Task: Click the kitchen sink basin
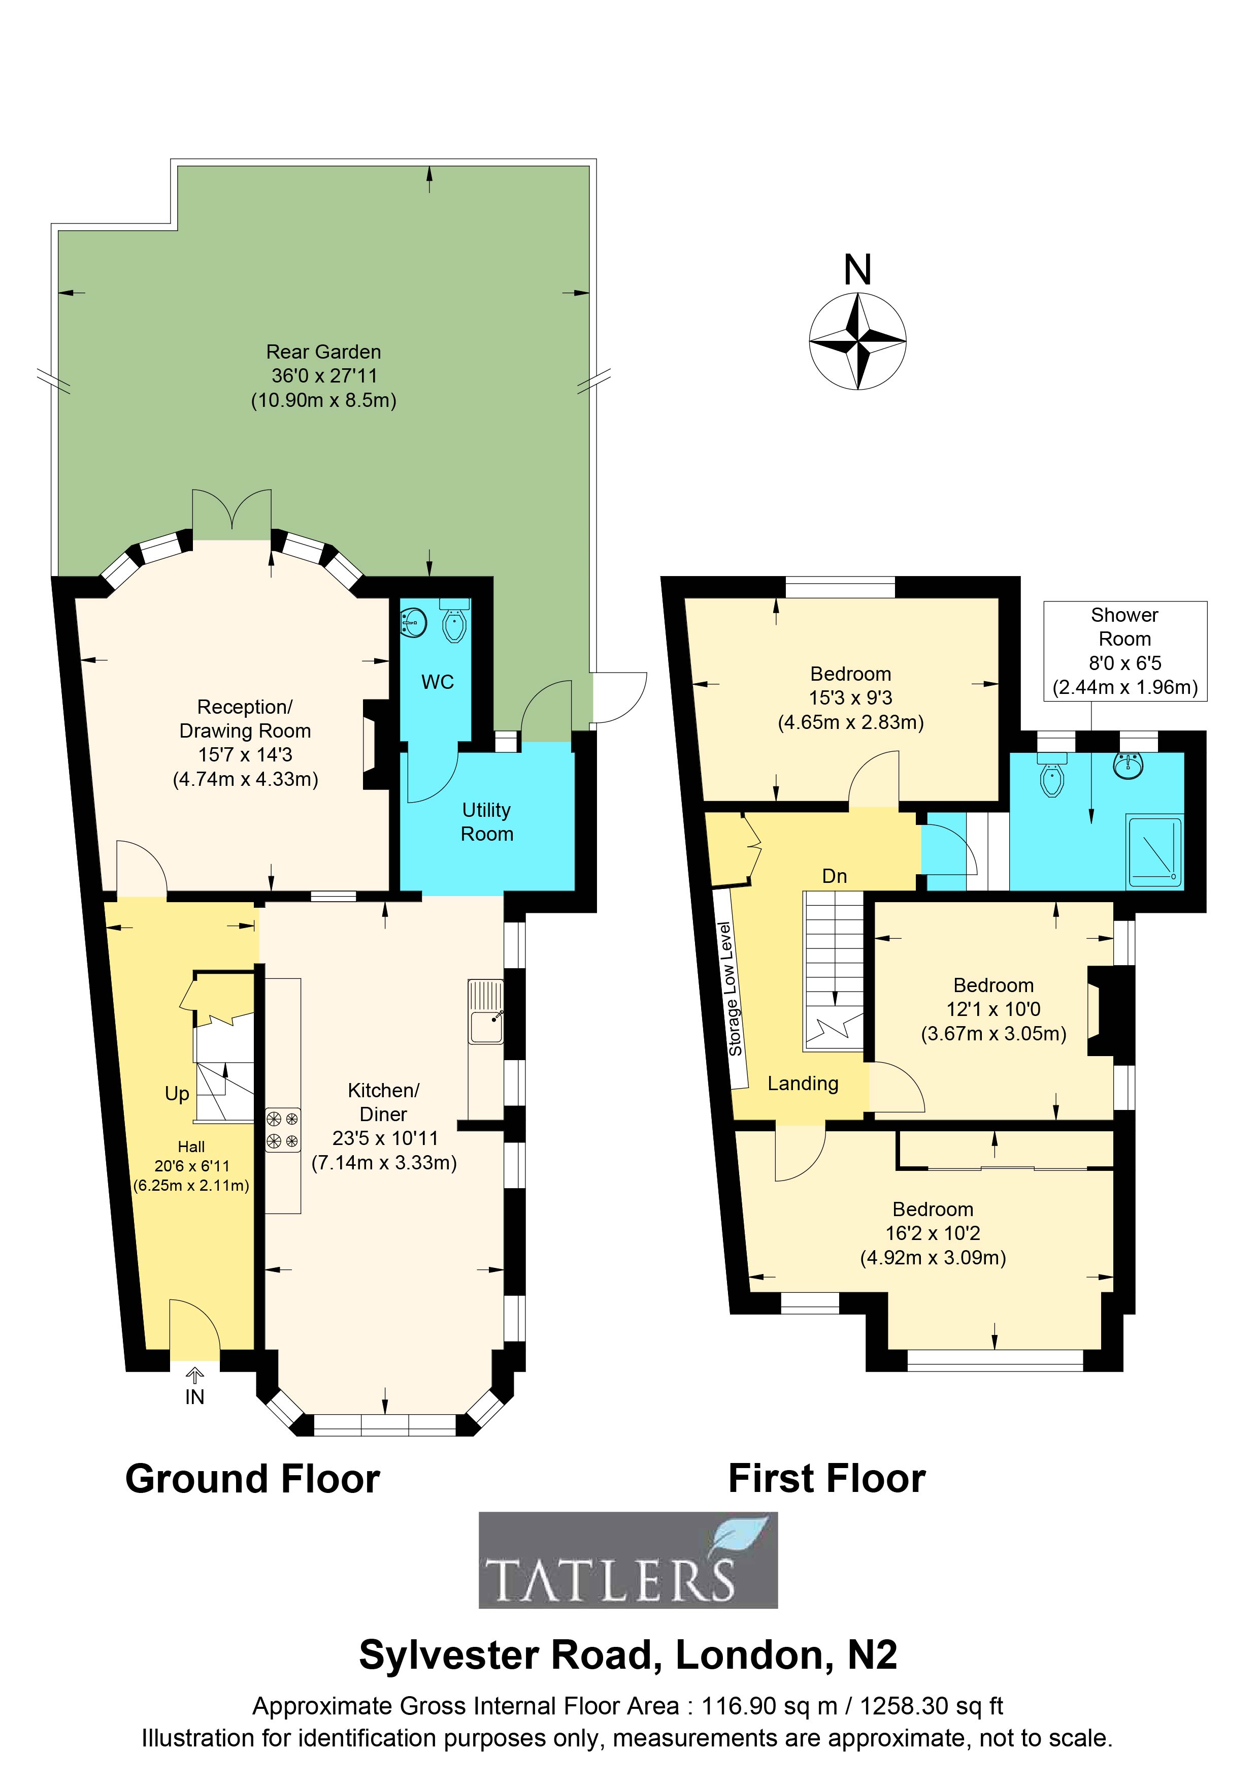point(486,1028)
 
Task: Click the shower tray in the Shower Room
point(1154,851)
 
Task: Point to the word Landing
point(803,1084)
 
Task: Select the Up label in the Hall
point(177,1094)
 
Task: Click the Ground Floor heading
point(253,1479)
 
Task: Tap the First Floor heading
point(827,1479)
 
